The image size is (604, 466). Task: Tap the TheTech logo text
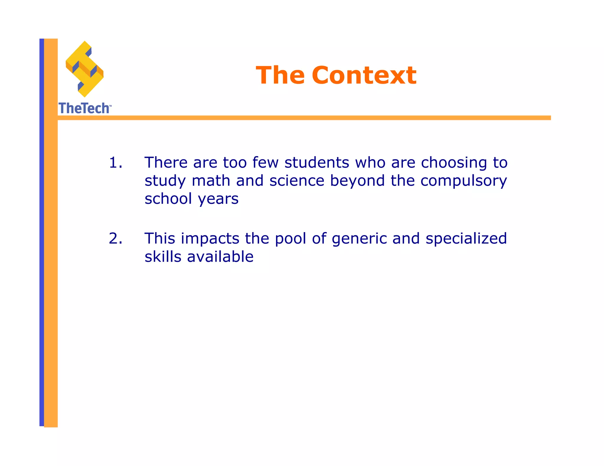click(x=84, y=108)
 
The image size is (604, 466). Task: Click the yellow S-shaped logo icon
click(x=85, y=69)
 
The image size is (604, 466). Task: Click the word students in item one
click(x=317, y=163)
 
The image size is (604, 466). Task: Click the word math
click(x=211, y=181)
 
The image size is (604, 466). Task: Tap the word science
click(x=297, y=181)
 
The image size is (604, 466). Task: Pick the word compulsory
click(x=463, y=181)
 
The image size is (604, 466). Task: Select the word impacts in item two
click(x=210, y=239)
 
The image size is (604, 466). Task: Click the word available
click(x=220, y=257)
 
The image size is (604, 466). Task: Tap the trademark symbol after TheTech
click(x=110, y=105)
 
